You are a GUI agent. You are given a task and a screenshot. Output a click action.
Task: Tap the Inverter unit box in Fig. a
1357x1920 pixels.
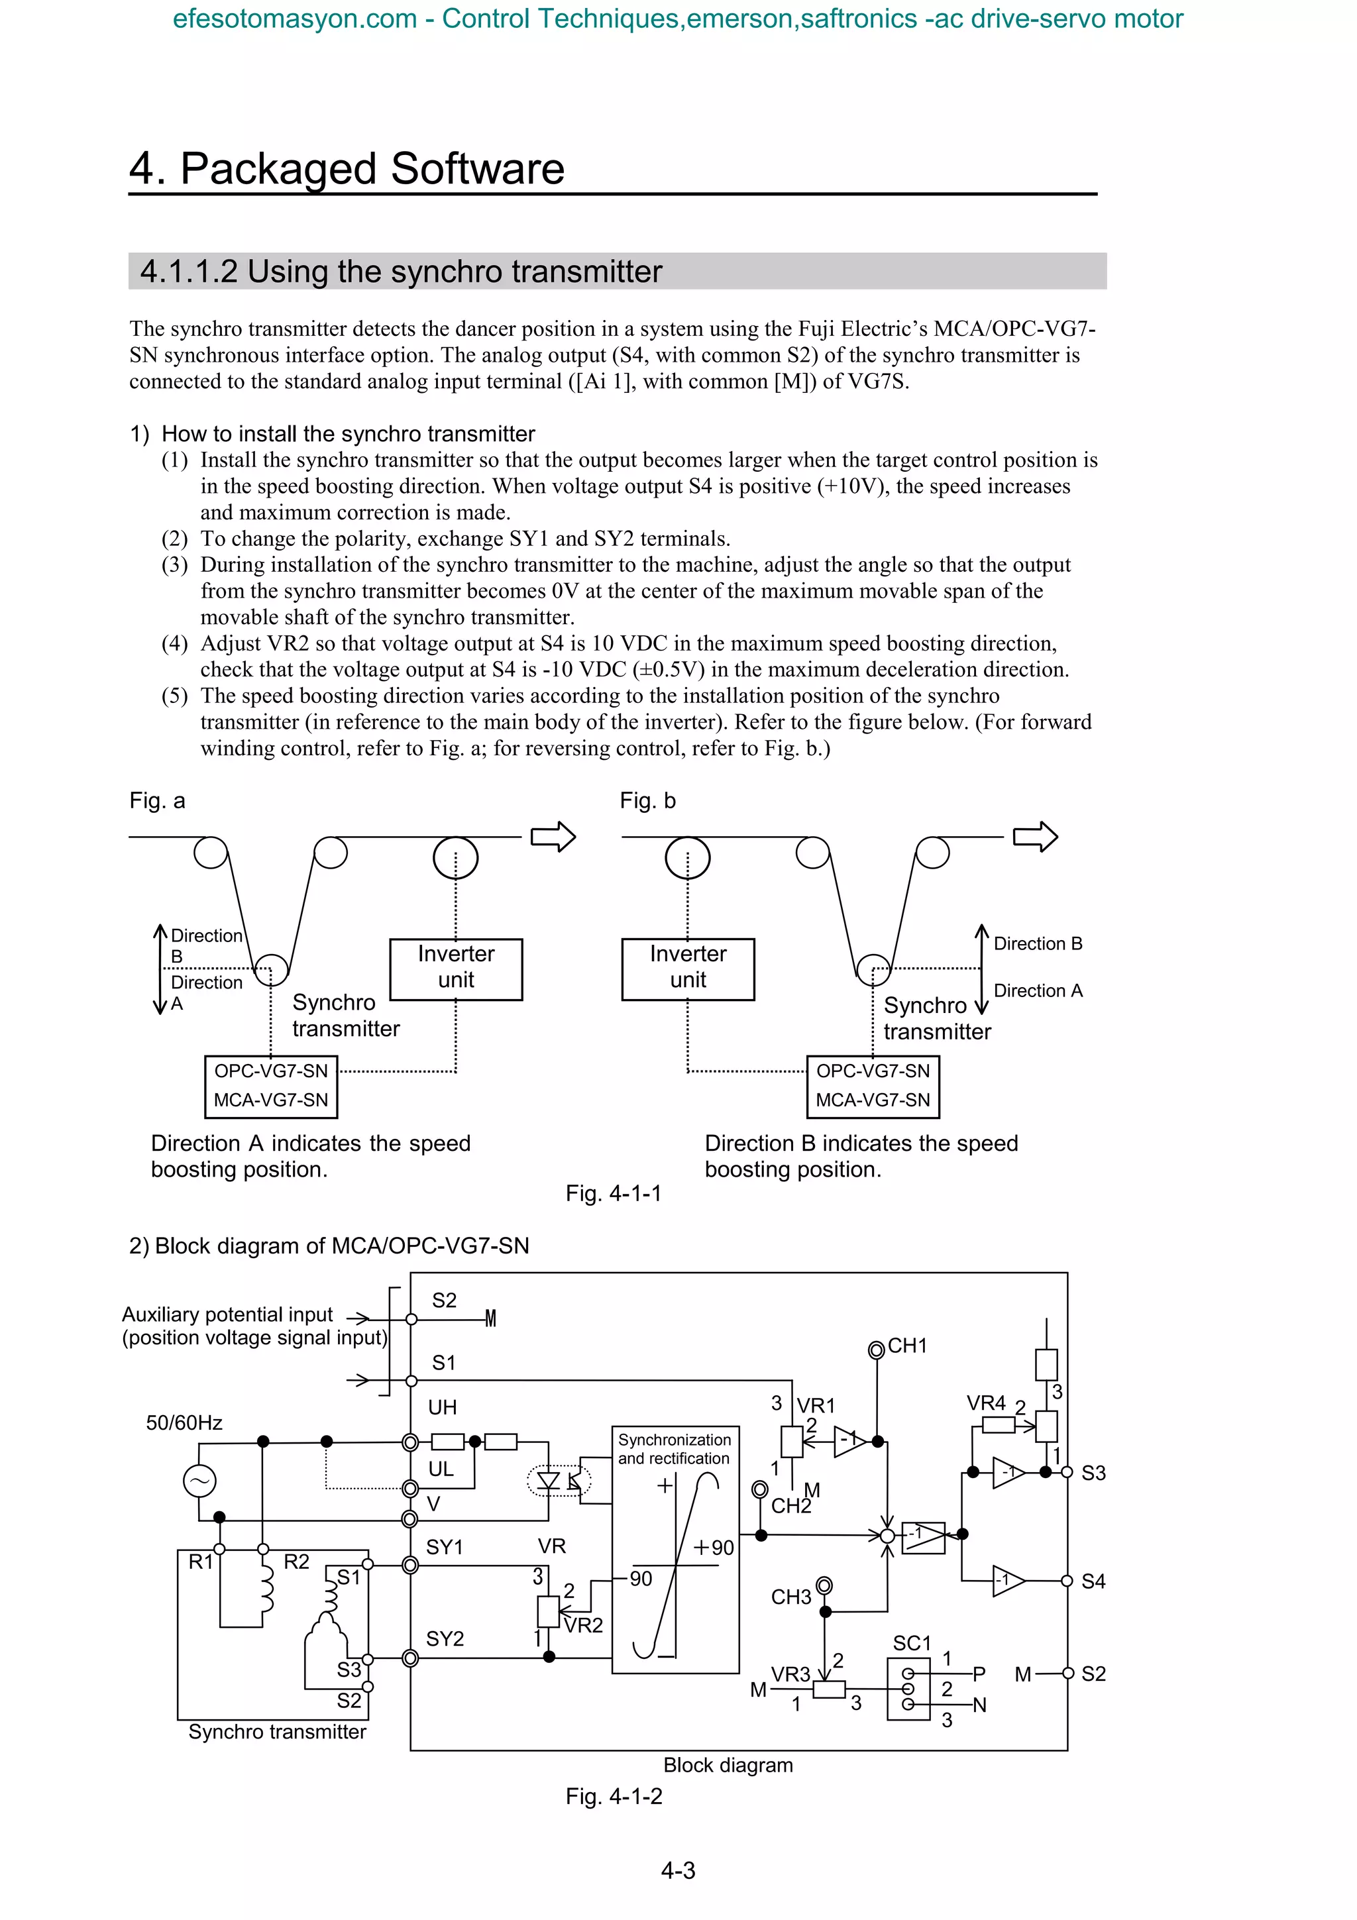(456, 969)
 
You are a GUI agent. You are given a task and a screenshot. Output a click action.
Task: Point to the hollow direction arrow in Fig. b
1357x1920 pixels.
(1034, 836)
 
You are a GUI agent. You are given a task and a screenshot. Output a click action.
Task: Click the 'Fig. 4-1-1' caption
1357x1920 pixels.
(613, 1193)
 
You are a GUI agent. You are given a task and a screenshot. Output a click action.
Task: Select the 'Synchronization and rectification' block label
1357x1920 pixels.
(674, 1448)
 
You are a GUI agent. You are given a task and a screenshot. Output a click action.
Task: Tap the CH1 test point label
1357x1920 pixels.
(906, 1346)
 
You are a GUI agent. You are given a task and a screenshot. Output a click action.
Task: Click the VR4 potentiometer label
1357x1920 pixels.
(986, 1403)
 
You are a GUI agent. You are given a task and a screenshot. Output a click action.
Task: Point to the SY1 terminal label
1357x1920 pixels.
(444, 1547)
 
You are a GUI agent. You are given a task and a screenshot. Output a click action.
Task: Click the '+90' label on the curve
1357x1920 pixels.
(713, 1547)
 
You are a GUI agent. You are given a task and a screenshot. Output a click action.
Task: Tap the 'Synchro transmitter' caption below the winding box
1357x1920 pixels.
(277, 1731)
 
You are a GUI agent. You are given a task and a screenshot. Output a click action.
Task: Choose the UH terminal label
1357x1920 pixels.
(443, 1407)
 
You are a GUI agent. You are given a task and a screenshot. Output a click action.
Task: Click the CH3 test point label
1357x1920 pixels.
(791, 1597)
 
